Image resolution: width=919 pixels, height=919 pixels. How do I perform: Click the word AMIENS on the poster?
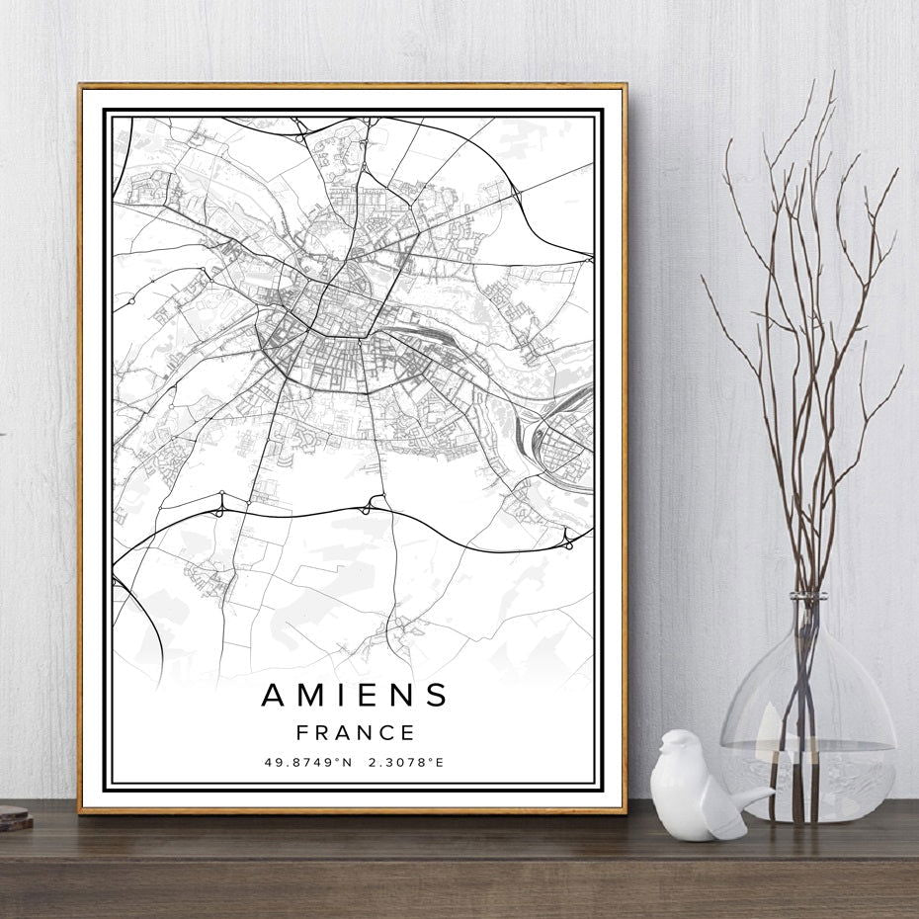click(354, 696)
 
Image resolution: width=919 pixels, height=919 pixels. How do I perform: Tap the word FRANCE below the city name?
click(354, 733)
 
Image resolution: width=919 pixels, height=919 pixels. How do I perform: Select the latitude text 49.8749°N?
click(308, 763)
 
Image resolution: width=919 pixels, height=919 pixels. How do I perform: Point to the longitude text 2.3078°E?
click(406, 763)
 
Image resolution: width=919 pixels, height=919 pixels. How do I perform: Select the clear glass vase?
click(807, 731)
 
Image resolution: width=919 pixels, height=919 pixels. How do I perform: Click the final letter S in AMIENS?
click(437, 696)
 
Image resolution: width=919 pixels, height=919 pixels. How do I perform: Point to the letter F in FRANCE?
click(301, 733)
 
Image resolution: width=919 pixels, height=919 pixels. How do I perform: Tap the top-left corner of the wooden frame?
click(81, 86)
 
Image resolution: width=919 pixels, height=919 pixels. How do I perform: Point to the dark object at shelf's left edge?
click(13, 817)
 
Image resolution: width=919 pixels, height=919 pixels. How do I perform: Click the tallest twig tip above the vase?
click(832, 74)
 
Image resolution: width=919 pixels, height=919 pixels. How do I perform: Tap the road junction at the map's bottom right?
click(568, 539)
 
